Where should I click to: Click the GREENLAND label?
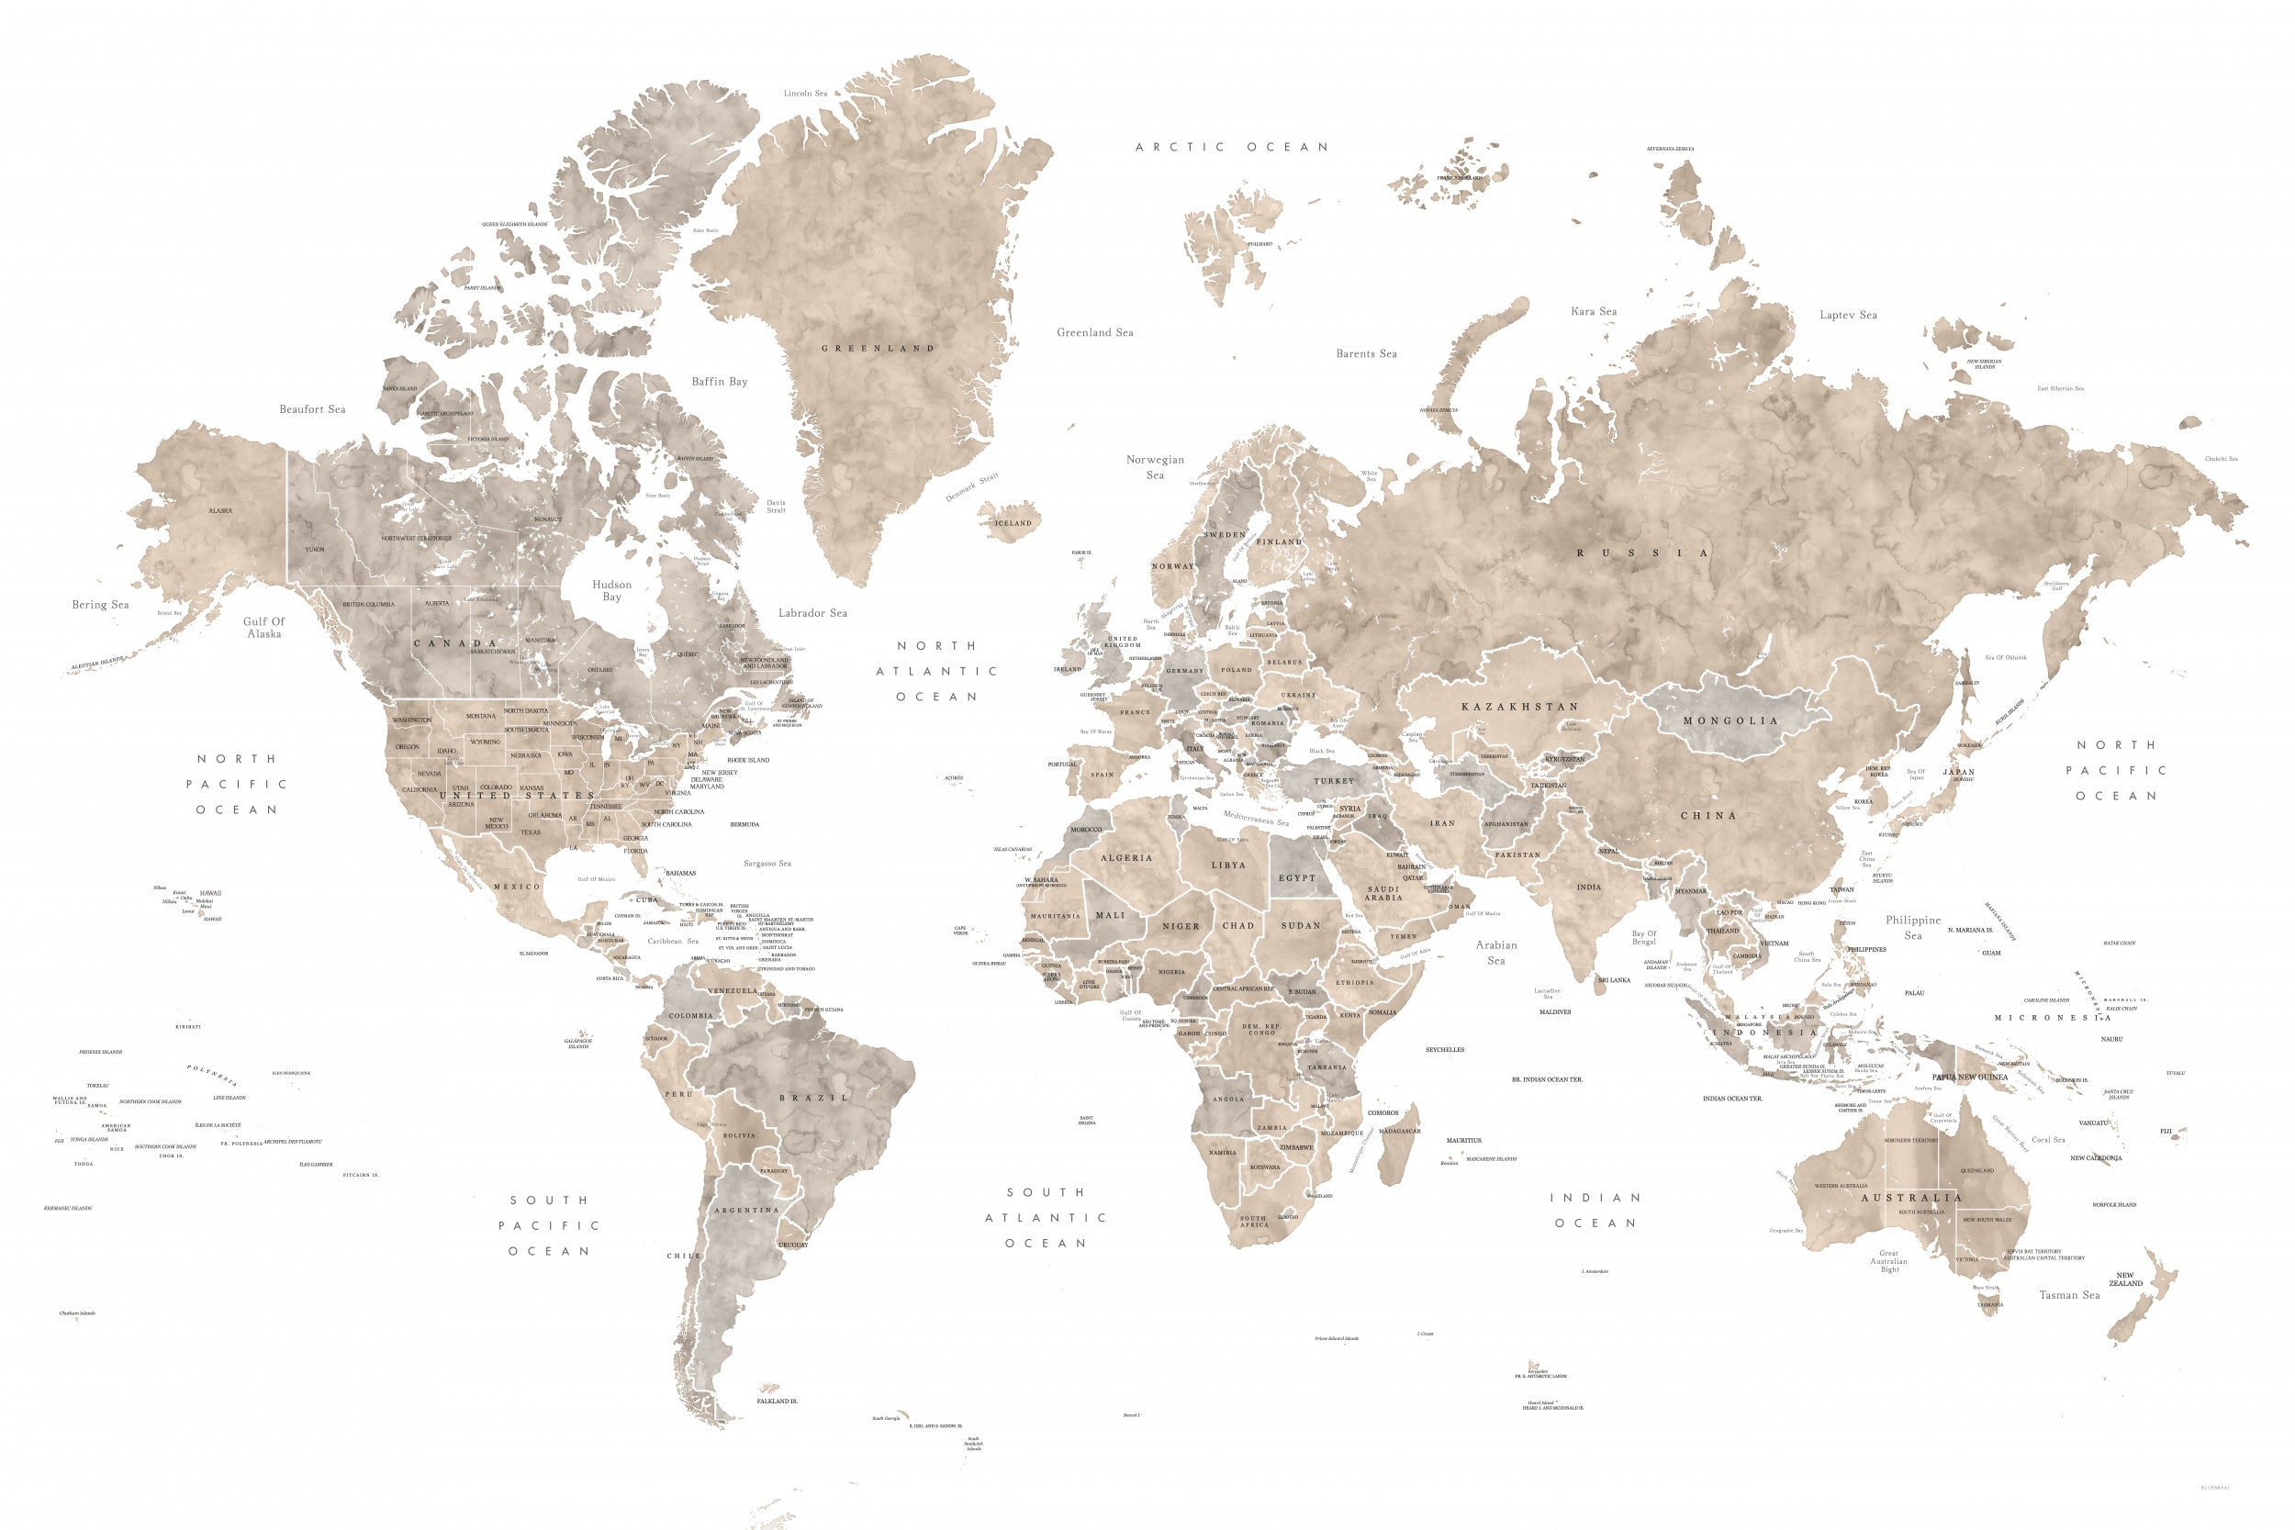(x=878, y=349)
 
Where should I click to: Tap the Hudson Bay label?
(x=611, y=590)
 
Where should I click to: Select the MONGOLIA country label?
(x=1731, y=721)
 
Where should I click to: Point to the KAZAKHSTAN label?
(x=1519, y=707)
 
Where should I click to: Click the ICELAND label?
(x=1013, y=523)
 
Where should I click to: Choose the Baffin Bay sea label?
(x=719, y=382)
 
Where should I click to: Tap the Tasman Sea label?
(x=2068, y=1295)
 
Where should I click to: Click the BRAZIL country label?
(x=813, y=1098)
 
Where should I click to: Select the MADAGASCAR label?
(x=1399, y=1131)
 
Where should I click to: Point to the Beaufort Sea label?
(x=312, y=408)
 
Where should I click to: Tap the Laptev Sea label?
(x=1848, y=315)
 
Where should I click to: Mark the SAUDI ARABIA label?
(x=1383, y=893)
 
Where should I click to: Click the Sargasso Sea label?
(x=767, y=864)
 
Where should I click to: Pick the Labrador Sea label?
(x=812, y=613)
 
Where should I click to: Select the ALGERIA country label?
(x=1126, y=857)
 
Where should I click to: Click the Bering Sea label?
(x=100, y=605)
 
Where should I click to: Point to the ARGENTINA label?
(x=746, y=1210)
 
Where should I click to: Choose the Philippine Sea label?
(x=1912, y=927)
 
